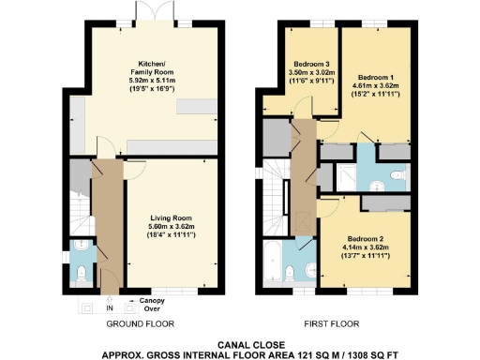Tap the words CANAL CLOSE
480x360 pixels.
coord(240,344)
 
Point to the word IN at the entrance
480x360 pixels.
coord(109,307)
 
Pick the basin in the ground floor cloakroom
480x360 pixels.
coord(76,251)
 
